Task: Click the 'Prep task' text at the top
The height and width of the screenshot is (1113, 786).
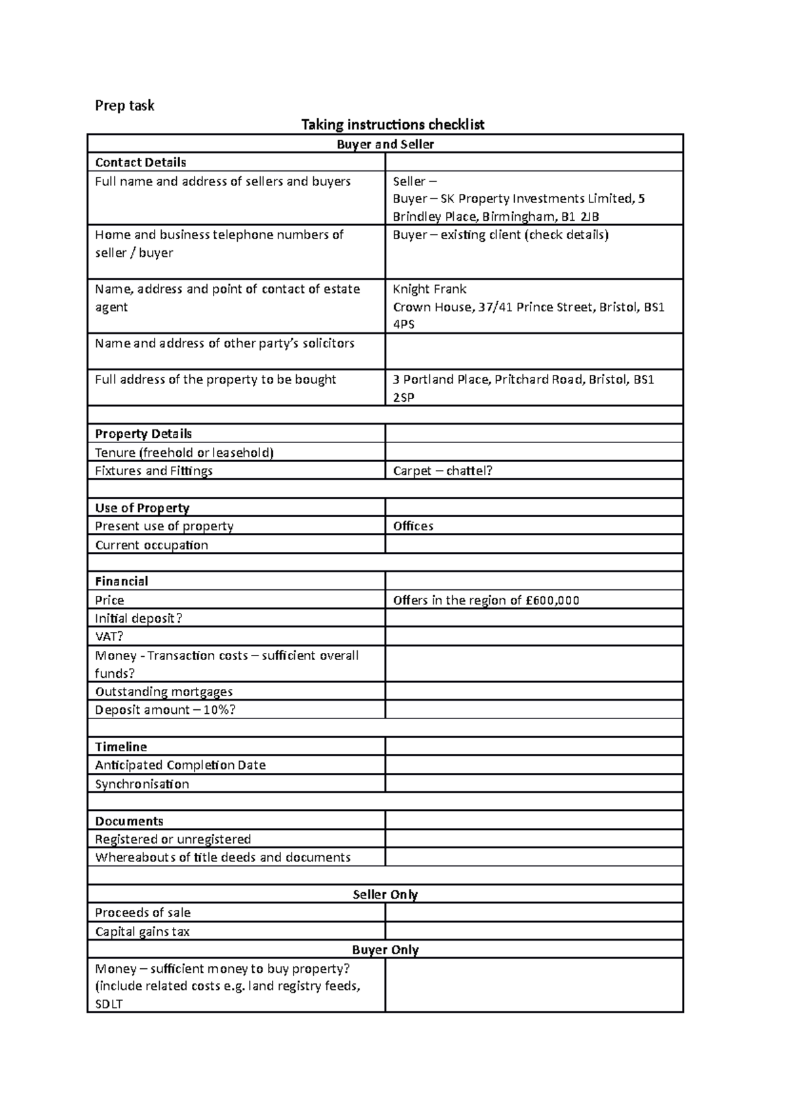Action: [x=124, y=106]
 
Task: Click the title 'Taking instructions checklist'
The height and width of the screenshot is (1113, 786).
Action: [x=392, y=125]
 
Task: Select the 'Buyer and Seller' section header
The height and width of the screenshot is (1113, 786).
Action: [x=385, y=144]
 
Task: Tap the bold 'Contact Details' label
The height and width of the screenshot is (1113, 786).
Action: [x=140, y=163]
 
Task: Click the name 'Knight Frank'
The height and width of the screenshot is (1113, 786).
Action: [x=429, y=289]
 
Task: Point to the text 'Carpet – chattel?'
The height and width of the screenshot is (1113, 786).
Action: [x=442, y=471]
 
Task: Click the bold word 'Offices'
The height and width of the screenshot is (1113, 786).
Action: [x=413, y=526]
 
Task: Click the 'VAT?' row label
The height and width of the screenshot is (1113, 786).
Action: [x=109, y=636]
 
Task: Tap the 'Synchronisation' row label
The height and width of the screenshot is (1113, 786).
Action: [x=141, y=784]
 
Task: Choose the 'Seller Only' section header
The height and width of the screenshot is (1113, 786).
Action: [x=385, y=895]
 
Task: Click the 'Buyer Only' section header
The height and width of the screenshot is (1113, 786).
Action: [x=385, y=950]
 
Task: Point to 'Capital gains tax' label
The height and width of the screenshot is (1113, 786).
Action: [x=142, y=931]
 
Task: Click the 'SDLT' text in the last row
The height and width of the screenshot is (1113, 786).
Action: [x=109, y=1004]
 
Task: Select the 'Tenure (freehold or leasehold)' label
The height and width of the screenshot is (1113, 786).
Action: [x=184, y=452]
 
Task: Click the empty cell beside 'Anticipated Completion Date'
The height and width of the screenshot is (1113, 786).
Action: [x=534, y=765]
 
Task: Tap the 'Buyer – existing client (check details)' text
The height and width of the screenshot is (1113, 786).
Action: [x=500, y=235]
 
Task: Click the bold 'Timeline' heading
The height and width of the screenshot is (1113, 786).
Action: [x=121, y=747]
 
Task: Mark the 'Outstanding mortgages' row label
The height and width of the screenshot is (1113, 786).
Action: [x=164, y=692]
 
